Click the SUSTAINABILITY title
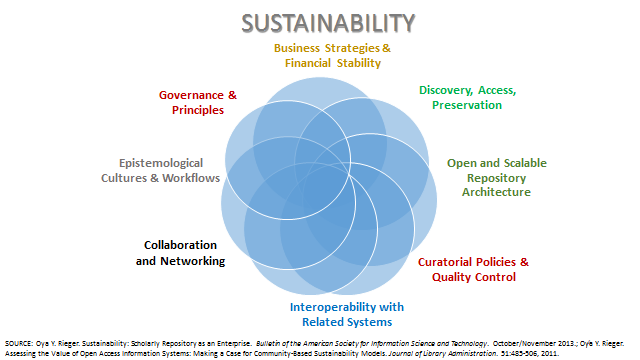tap(328, 23)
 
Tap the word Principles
tap(198, 110)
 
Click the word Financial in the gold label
tap(308, 63)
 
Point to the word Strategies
tap(352, 48)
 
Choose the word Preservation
tap(467, 105)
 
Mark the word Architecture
tap(496, 192)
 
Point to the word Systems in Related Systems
tap(371, 322)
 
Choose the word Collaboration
tap(180, 245)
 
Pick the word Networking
tap(193, 261)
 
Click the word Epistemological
tap(161, 163)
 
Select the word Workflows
tap(191, 178)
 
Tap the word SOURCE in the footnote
tap(19, 344)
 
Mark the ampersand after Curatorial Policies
tap(524, 262)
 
